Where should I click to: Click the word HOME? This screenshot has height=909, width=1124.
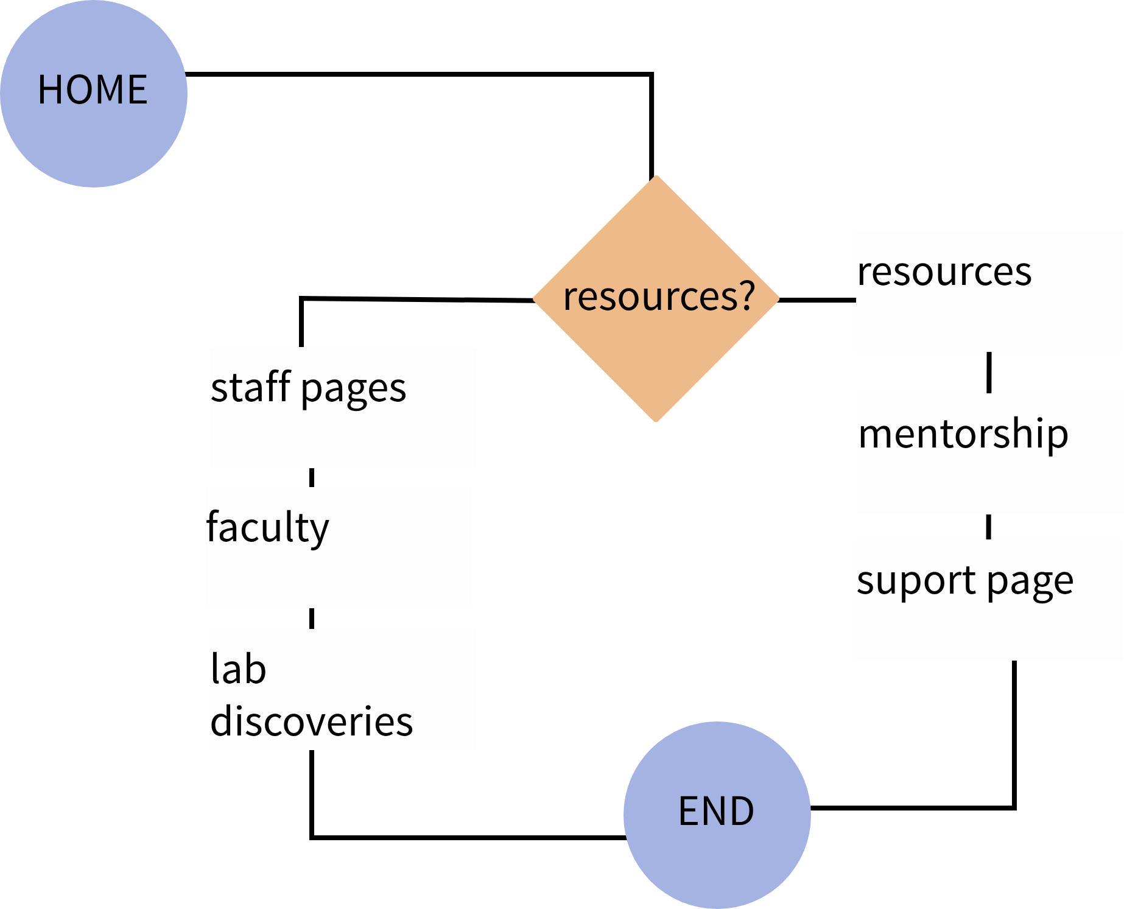[93, 90]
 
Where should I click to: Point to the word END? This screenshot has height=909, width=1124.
[716, 812]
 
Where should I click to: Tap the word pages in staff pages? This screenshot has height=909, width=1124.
[353, 390]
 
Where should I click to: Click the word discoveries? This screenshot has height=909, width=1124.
[311, 721]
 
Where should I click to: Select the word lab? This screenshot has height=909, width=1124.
[238, 669]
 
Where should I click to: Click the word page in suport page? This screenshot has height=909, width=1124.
[1030, 583]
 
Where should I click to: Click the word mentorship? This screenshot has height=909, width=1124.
[963, 434]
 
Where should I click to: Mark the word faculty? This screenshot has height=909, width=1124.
[267, 527]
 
